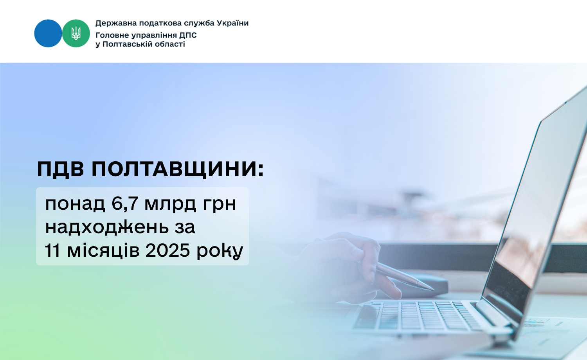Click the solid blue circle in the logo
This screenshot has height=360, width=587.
[48, 33]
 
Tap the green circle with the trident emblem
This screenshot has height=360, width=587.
[76, 33]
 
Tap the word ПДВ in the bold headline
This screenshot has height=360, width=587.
[61, 169]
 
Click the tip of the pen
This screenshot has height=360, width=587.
[434, 290]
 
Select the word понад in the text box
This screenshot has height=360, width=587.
[75, 204]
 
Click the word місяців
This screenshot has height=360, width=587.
[103, 250]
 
